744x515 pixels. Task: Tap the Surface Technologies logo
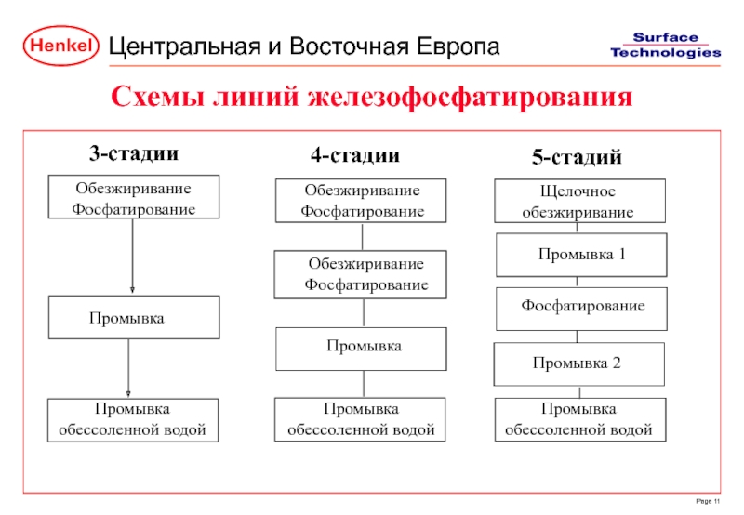[665, 45]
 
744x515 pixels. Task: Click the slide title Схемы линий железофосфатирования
[372, 97]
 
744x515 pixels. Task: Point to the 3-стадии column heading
[133, 152]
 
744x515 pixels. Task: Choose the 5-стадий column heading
[577, 158]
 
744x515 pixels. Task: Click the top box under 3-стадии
[133, 197]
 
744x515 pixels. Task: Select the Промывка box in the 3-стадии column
[133, 318]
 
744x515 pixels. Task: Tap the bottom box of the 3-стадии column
[133, 419]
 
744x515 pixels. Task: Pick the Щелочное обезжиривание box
[580, 202]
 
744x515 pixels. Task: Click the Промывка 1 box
[581, 255]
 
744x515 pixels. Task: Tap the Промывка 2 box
[578, 363]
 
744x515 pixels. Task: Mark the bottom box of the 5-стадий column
[580, 419]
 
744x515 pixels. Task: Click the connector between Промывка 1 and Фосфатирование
[578, 282]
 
